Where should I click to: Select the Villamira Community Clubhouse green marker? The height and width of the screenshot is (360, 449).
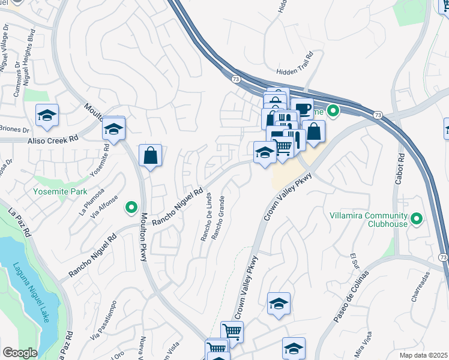417,220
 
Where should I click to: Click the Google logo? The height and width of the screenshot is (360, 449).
20,353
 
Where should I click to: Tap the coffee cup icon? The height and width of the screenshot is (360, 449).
304,109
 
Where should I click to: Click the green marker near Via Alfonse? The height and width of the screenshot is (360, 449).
130,208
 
